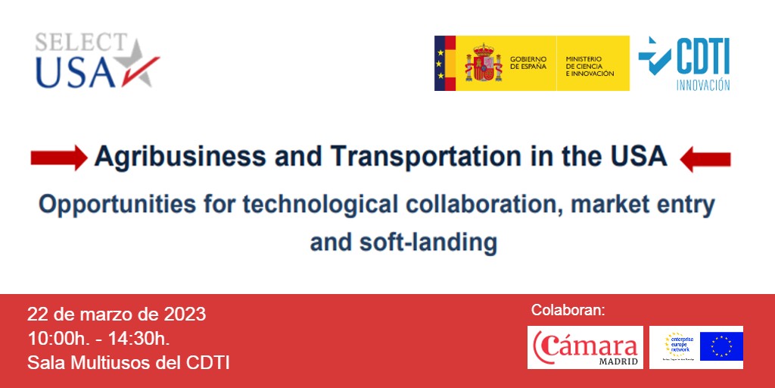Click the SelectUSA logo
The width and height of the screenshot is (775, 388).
(x=96, y=61)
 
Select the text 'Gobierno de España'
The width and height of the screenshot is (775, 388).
(x=528, y=63)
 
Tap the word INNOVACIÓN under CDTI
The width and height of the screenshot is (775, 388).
(x=702, y=85)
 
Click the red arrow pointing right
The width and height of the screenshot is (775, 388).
(x=58, y=158)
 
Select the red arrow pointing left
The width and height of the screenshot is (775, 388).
(x=705, y=159)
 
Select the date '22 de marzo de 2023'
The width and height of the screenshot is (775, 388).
(x=117, y=314)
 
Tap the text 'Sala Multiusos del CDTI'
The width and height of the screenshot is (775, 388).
(x=128, y=362)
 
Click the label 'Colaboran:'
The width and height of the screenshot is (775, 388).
(x=568, y=310)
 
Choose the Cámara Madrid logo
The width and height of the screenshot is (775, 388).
(x=585, y=347)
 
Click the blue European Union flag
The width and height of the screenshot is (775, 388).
(x=721, y=346)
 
